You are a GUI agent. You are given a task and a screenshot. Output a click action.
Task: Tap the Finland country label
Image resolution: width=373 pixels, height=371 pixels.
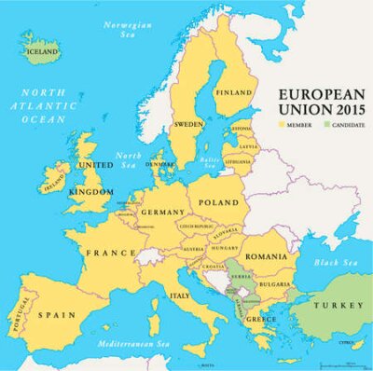pyautogui.click(x=235, y=93)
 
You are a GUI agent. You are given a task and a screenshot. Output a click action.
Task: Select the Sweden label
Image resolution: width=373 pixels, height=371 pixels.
pyautogui.click(x=188, y=123)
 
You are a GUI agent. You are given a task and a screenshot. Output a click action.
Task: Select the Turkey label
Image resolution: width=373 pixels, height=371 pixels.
pyautogui.click(x=331, y=306)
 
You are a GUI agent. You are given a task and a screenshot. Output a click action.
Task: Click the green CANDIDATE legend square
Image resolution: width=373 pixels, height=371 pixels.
pyautogui.click(x=325, y=124)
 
